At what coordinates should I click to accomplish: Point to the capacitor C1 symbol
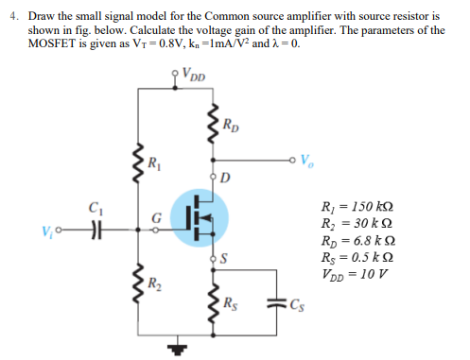tap(93, 231)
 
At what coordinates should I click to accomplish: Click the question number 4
tap(17, 17)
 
